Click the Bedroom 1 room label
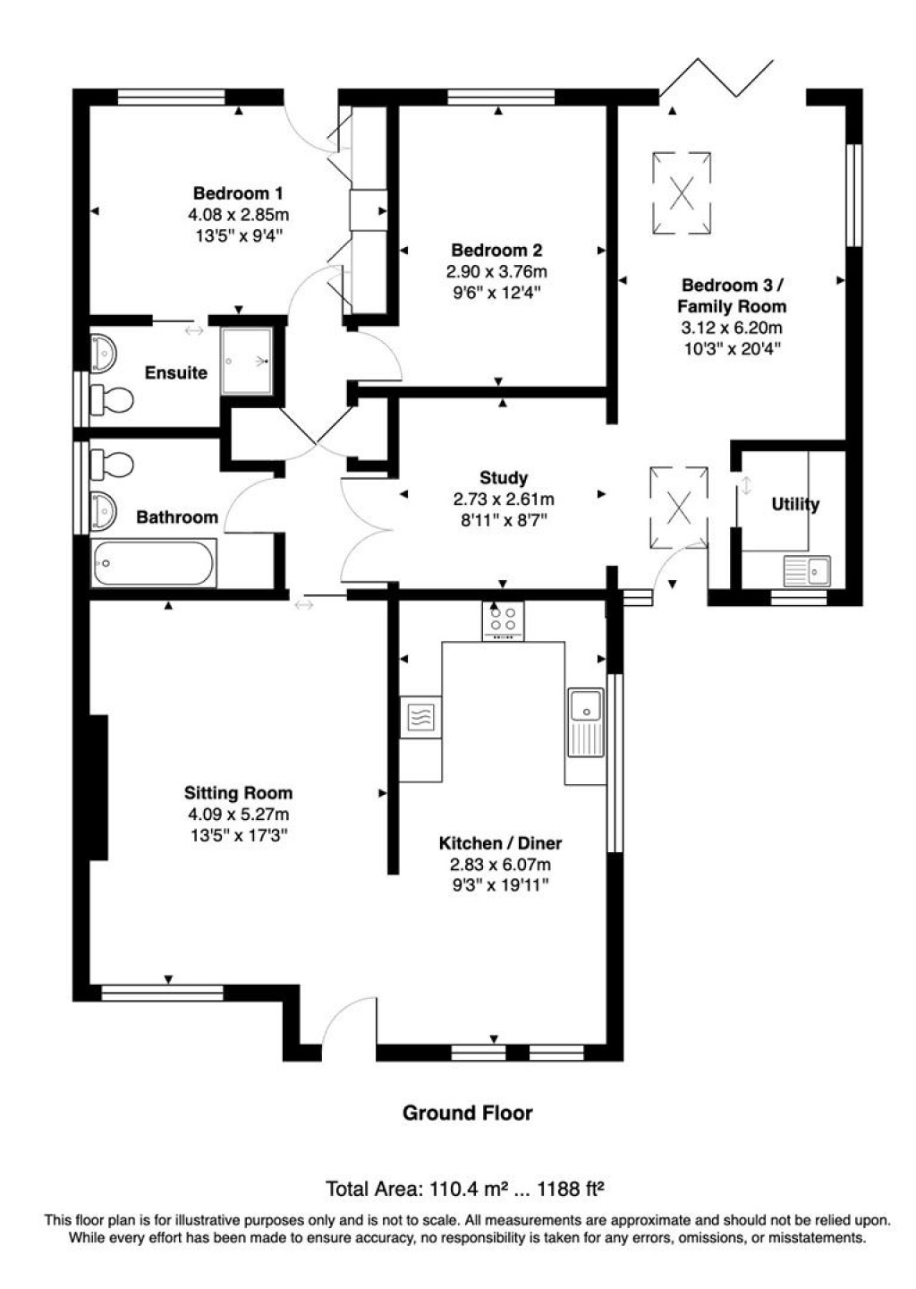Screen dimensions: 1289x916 coord(238,192)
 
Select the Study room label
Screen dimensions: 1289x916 coord(504,478)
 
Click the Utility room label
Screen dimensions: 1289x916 coord(795,504)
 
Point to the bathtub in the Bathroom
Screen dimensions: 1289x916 coord(154,563)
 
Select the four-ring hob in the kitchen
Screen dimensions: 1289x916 coord(504,620)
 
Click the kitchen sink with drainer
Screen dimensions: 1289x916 coord(587,722)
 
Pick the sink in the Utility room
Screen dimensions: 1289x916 coord(806,570)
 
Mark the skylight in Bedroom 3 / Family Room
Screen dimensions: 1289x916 coord(683,193)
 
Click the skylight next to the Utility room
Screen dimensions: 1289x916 coord(680,508)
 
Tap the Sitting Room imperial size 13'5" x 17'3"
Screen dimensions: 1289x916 coord(238,836)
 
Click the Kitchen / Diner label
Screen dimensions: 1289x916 coord(500,843)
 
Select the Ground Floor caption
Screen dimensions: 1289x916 coord(467,1113)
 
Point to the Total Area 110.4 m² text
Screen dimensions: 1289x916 coord(417,1189)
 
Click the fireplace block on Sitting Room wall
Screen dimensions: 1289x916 coord(98,787)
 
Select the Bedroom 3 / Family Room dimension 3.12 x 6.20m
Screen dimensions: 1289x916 coord(732,328)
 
